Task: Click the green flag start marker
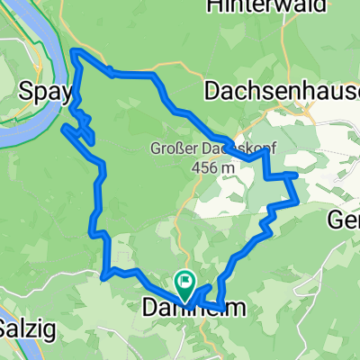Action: [x=185, y=283]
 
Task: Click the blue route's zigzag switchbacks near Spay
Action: [x=84, y=126]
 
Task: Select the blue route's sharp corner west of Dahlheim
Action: [x=105, y=274]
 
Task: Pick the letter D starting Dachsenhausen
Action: [x=212, y=90]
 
